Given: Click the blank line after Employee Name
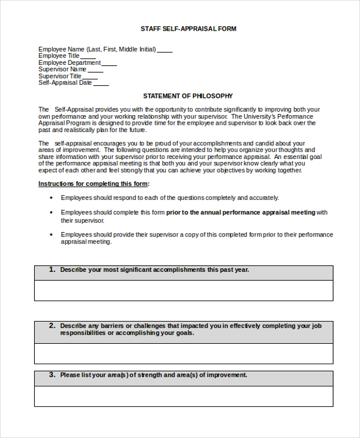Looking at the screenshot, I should tap(165, 52).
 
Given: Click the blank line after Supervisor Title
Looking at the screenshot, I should tap(90, 78).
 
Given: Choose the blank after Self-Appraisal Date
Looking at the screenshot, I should tap(101, 85).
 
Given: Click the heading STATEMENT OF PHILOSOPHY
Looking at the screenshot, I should tap(188, 96).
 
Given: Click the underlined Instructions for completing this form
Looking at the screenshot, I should tap(94, 184).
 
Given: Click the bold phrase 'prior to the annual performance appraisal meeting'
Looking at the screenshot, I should tap(241, 212).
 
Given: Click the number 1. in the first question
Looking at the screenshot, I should tap(52, 269).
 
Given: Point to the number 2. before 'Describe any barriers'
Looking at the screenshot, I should tap(52, 325).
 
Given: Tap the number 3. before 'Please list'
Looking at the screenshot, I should tap(52, 374).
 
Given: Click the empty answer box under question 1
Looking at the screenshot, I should tap(184, 290).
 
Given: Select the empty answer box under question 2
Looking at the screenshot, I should tap(184, 353).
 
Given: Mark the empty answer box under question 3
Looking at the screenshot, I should tap(184, 396).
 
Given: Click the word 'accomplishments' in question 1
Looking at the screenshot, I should tap(179, 270).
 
